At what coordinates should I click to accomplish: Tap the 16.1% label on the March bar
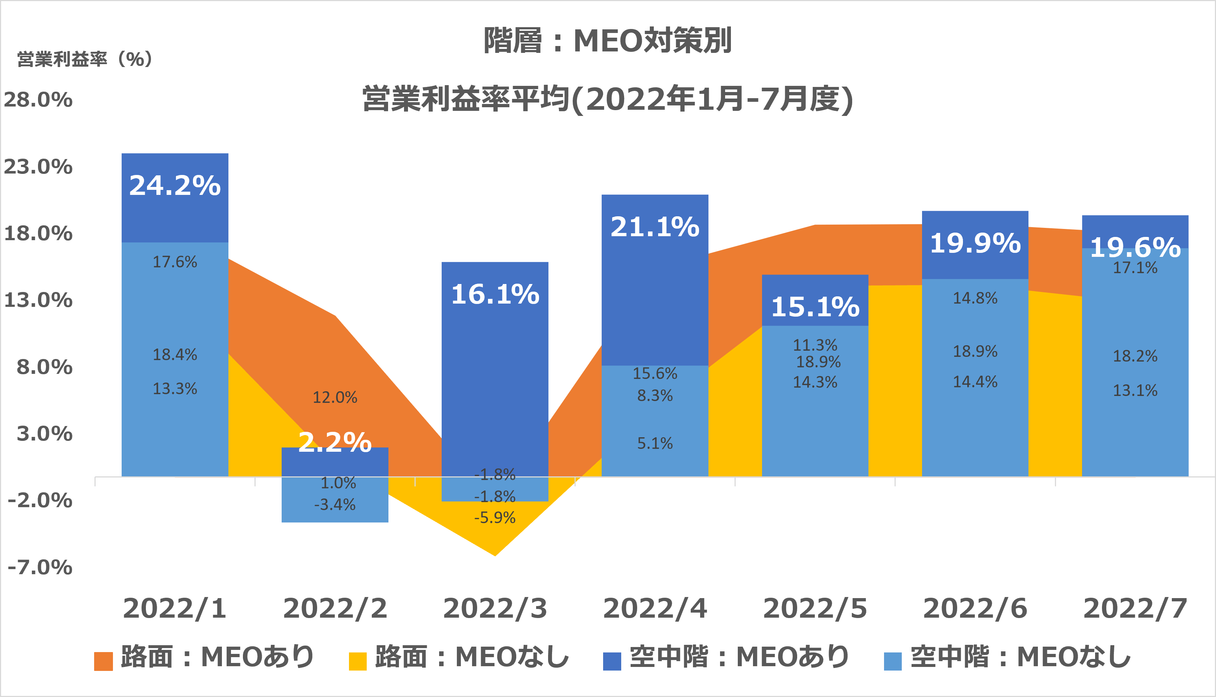[x=495, y=295]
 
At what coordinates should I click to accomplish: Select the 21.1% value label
[x=655, y=227]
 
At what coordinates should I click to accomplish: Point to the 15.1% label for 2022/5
[x=815, y=307]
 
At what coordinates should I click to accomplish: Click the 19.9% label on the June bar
[x=975, y=243]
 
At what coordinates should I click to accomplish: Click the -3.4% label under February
[x=335, y=505]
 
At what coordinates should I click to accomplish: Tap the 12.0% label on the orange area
[x=335, y=397]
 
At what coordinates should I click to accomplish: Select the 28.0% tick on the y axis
[x=38, y=100]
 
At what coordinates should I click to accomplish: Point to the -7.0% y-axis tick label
[x=40, y=567]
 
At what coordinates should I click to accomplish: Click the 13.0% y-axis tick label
[x=38, y=300]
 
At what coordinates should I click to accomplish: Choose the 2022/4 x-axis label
[x=655, y=609]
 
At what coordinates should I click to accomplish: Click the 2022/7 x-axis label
[x=1135, y=609]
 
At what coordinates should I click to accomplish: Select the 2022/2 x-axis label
[x=335, y=609]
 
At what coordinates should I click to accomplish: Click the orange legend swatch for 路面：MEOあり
[x=103, y=661]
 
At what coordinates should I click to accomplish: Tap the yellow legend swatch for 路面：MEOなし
[x=357, y=661]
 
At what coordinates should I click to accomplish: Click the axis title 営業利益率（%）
[x=85, y=59]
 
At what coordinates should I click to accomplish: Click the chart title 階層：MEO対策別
[x=607, y=40]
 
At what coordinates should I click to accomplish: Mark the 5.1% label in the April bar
[x=655, y=443]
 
